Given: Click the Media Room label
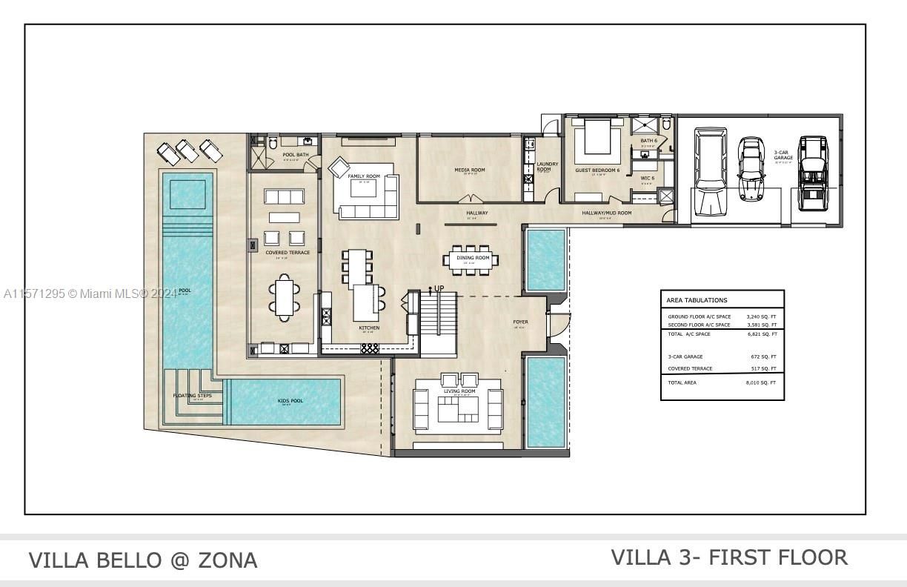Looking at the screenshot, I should tap(470, 170).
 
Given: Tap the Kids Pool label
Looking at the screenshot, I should tap(290, 401).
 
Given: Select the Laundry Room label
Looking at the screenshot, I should tap(548, 167).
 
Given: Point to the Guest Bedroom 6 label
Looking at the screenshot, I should tap(597, 170).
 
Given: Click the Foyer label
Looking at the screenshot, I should tap(520, 322).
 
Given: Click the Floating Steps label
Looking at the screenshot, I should tap(192, 396).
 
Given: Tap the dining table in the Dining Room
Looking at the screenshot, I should tap(471, 259).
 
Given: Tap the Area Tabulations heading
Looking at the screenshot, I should tap(697, 300).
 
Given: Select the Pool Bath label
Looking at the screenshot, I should tap(296, 155).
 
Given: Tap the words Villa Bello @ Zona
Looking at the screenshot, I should tap(143, 560).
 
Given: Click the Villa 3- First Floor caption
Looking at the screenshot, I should tap(729, 557).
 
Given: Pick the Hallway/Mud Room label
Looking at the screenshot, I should tap(606, 213).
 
